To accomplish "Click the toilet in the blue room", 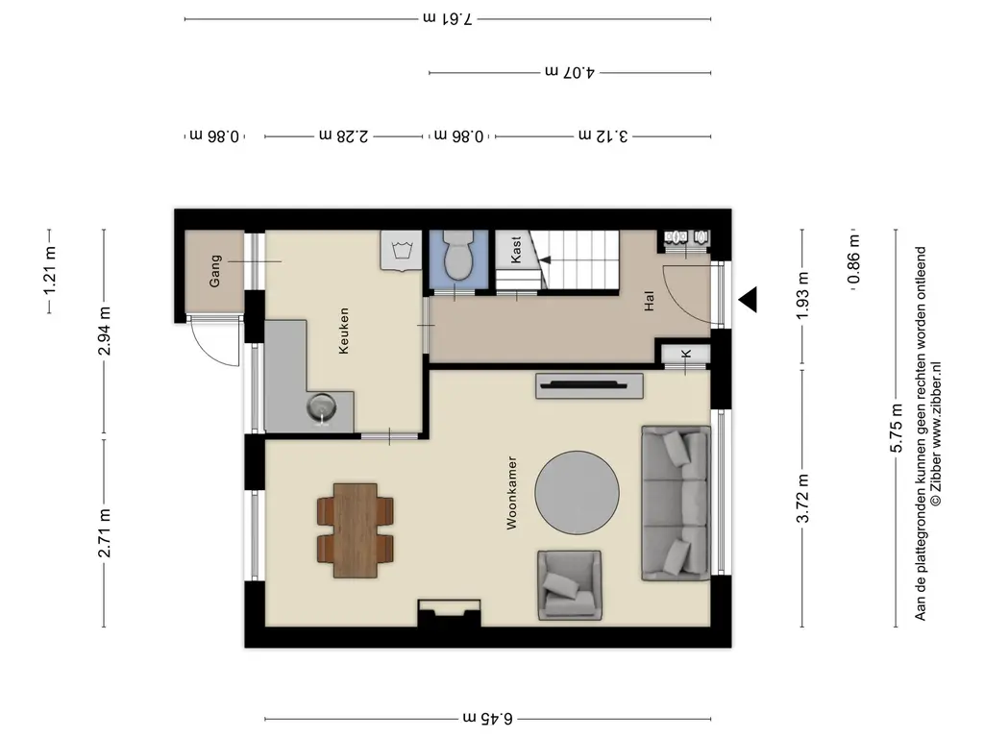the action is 457,255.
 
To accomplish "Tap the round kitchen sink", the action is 322,407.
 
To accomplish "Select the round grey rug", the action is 577,493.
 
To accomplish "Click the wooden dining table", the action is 356,530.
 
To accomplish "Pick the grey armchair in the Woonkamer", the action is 569,585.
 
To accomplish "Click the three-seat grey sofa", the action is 676,504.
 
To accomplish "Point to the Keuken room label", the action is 343,331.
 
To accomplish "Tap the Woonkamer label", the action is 512,493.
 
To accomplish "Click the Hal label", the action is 649,301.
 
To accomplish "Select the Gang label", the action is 215,271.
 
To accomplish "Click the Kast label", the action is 516,250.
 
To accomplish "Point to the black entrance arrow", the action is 748,300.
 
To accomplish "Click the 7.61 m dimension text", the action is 447,18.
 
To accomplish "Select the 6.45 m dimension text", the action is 487,718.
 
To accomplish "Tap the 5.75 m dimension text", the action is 897,428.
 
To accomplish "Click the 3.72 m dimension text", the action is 802,499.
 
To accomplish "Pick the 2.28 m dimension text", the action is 344,135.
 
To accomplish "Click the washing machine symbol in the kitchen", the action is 402,251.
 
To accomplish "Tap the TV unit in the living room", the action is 589,386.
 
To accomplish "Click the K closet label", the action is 686,355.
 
